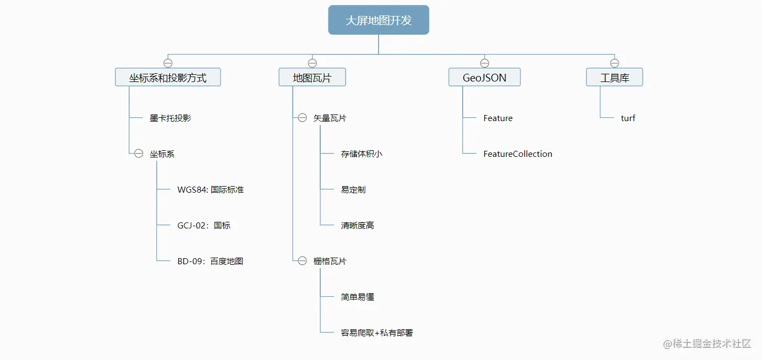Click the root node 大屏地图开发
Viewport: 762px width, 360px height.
[379, 20]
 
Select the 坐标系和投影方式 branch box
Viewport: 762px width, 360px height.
[168, 78]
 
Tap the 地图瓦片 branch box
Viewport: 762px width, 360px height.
[312, 78]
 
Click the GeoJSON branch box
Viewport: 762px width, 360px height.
[484, 78]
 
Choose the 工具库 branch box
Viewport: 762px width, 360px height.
[615, 78]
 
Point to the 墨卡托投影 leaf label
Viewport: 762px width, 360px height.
[171, 118]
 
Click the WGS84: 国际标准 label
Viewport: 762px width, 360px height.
[210, 189]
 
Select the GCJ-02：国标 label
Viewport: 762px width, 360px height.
[204, 225]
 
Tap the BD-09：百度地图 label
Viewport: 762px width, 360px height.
[210, 261]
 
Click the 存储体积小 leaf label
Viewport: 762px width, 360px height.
[361, 154]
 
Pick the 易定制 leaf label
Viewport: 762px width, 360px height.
[353, 189]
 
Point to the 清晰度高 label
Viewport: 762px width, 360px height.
[358, 225]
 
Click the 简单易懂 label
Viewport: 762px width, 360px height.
[358, 297]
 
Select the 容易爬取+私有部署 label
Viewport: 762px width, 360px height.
[377, 332]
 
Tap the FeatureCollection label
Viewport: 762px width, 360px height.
[518, 154]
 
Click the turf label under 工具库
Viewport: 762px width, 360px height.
[628, 118]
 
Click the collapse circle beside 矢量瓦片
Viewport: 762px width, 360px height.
[302, 118]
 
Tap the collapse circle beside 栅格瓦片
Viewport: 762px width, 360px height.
[302, 261]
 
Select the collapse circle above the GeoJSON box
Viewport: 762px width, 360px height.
[484, 63]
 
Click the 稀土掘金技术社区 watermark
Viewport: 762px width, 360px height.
[707, 344]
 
